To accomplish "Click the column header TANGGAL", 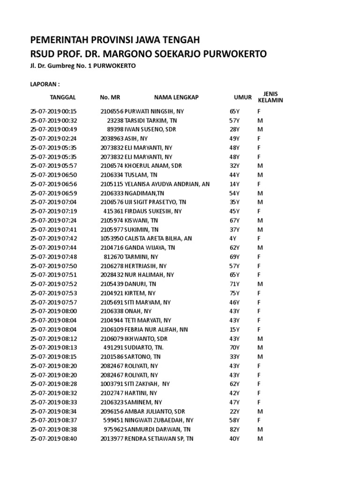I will tap(63, 97).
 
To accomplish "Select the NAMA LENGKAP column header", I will tap(176, 97).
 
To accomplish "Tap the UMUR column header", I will tap(243, 97).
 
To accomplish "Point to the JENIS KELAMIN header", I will tap(270, 97).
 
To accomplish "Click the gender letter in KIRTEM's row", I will tap(259, 292).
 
